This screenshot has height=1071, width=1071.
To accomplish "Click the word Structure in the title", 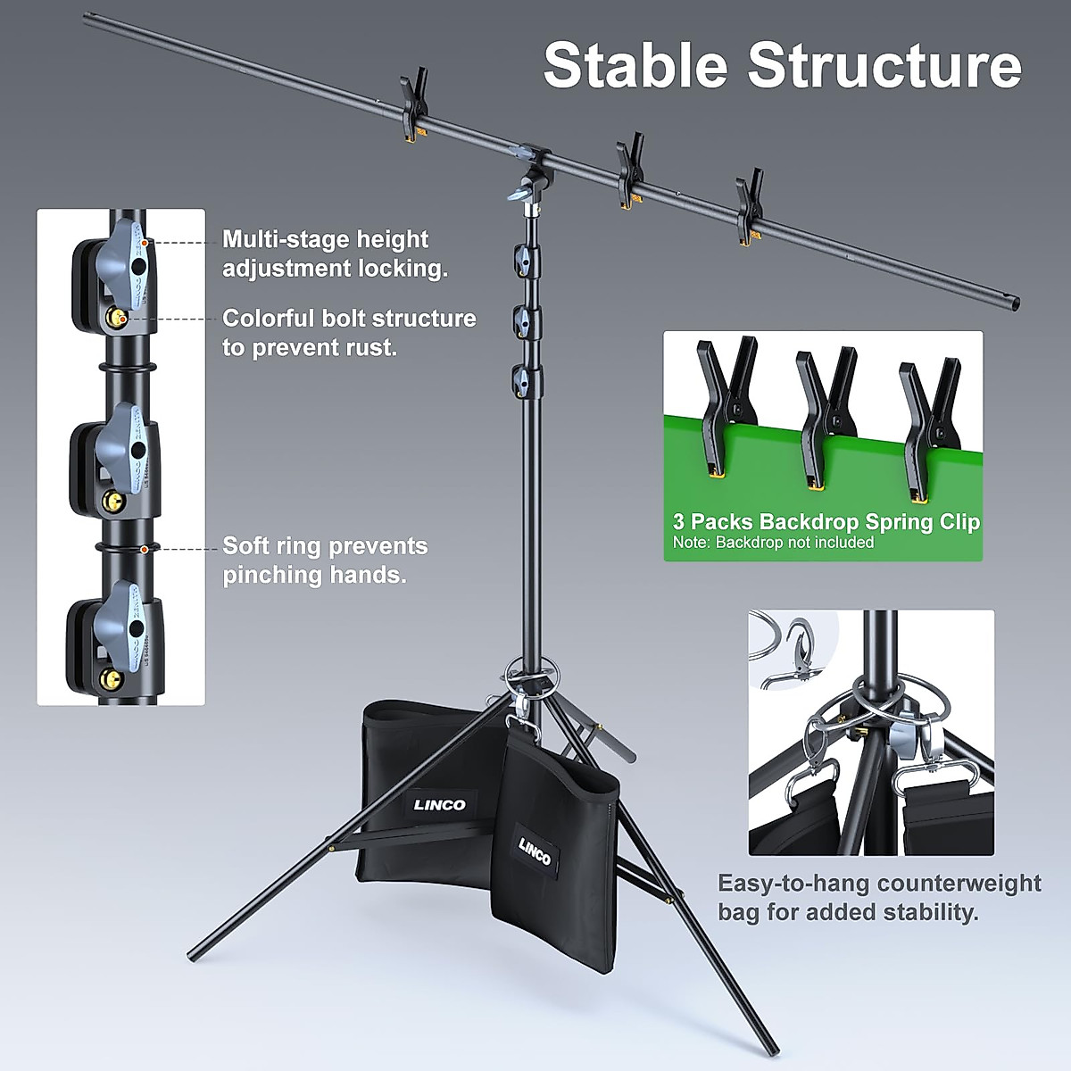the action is point(884,64).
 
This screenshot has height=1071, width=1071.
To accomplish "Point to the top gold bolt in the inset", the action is point(117,317).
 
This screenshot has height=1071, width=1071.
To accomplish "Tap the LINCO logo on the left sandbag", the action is point(439,804).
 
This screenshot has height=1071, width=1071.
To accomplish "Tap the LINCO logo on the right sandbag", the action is point(535,851).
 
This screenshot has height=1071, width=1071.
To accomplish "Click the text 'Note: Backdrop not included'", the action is point(773,543).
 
